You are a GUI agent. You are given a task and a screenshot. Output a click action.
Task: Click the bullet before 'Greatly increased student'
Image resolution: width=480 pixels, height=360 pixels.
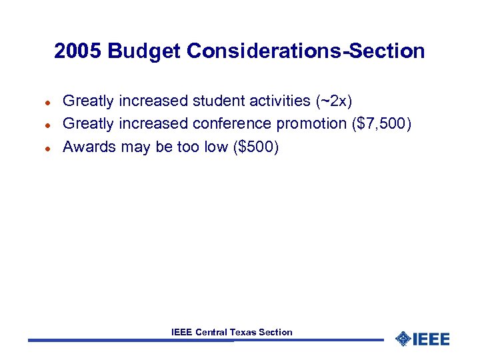[48, 102]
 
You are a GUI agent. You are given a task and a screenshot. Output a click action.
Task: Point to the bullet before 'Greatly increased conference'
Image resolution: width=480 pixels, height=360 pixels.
[48, 125]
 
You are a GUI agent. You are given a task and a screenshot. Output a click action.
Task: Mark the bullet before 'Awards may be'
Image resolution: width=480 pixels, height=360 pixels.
[48, 147]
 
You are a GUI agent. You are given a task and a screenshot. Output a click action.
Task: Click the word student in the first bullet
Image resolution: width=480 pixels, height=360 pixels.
[217, 101]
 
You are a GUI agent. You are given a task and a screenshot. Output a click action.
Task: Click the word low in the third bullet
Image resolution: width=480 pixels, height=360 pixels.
[216, 147]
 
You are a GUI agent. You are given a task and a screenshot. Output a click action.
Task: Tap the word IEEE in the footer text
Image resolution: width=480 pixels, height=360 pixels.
[181, 332]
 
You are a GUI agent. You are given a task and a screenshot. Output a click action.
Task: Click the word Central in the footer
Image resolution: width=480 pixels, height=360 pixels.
[211, 332]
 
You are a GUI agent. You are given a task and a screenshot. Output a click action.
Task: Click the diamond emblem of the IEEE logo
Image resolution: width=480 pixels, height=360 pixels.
[403, 339]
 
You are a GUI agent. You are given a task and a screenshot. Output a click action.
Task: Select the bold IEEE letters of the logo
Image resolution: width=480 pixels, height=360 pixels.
[431, 339]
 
